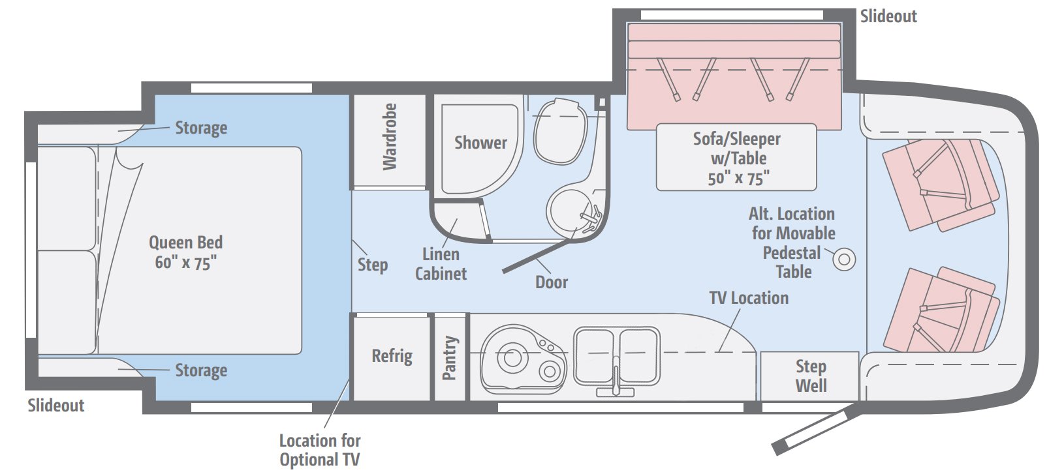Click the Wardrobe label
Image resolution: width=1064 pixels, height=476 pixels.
click(x=390, y=137)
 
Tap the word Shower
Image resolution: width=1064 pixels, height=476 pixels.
click(x=480, y=143)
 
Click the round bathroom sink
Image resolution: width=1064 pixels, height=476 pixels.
click(x=570, y=212)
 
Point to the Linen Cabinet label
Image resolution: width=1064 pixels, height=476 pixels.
click(x=441, y=264)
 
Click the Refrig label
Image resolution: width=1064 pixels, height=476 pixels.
click(x=392, y=356)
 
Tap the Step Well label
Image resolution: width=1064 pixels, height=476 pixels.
click(x=811, y=376)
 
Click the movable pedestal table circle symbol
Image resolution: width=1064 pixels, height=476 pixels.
click(x=844, y=260)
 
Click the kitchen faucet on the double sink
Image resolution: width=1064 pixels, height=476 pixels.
click(x=616, y=379)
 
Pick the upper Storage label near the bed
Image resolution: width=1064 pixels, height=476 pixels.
click(x=201, y=128)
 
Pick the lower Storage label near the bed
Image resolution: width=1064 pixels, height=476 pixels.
click(x=201, y=370)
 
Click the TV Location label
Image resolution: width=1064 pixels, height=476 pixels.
click(x=749, y=298)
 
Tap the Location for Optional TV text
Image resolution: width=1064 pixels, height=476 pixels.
click(x=320, y=450)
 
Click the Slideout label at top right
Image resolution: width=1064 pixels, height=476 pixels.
click(x=888, y=16)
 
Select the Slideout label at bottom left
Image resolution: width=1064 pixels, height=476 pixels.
click(x=55, y=406)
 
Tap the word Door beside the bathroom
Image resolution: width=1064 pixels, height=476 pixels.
click(x=552, y=282)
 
